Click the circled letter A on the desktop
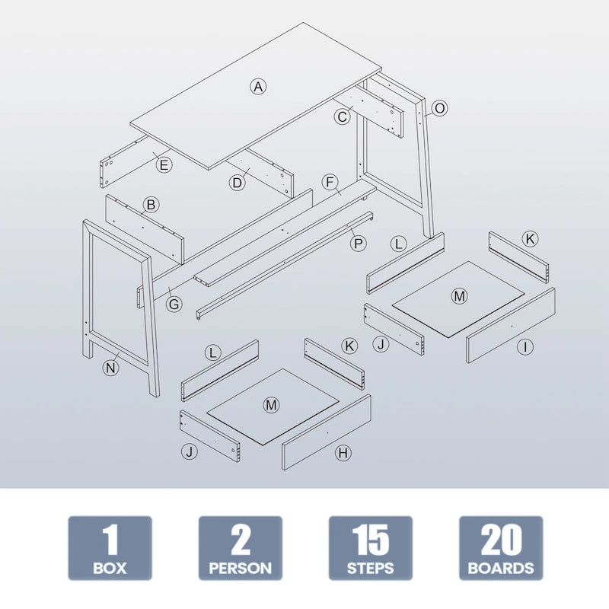[258, 86]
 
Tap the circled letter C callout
[343, 116]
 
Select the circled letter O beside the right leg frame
[439, 108]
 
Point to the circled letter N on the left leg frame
[111, 368]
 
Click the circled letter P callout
[357, 243]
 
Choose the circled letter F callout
[330, 183]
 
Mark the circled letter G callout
[174, 304]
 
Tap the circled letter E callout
[164, 164]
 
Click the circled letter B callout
[151, 204]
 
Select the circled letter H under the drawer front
[343, 453]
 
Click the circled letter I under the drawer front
[524, 346]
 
